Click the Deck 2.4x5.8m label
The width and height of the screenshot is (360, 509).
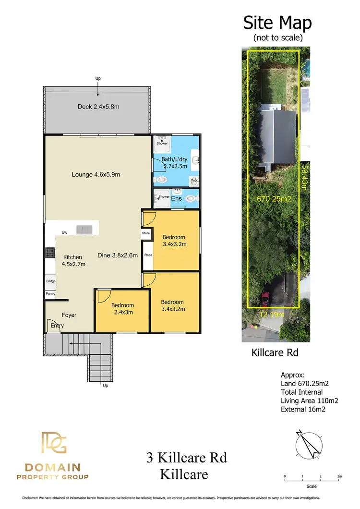click(98, 107)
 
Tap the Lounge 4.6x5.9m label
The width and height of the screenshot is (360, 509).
click(96, 175)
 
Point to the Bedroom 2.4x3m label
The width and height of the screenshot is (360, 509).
click(122, 308)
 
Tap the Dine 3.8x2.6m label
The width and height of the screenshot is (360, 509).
click(118, 255)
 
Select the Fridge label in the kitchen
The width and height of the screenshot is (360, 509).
click(50, 281)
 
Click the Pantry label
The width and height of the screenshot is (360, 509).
click(50, 294)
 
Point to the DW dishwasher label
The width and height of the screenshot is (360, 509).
click(64, 233)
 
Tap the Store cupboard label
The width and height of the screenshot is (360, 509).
click(146, 233)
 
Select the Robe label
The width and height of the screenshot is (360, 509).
click(148, 255)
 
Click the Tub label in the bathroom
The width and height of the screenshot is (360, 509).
click(193, 181)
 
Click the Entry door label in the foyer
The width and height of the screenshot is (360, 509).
click(57, 326)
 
